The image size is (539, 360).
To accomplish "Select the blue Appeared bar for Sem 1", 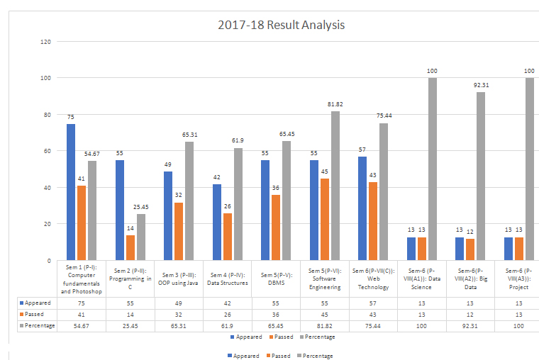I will click(71, 192).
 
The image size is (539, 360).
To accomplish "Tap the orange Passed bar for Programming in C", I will click(129, 247).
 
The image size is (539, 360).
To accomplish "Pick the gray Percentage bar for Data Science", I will click(432, 169).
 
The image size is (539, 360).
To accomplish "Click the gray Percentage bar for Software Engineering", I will click(335, 186).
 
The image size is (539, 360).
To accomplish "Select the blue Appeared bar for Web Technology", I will click(362, 208).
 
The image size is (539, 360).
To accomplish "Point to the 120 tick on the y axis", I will click(46, 42).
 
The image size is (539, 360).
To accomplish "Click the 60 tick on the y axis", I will click(48, 151).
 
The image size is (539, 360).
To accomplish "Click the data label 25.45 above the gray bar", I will click(140, 208).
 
